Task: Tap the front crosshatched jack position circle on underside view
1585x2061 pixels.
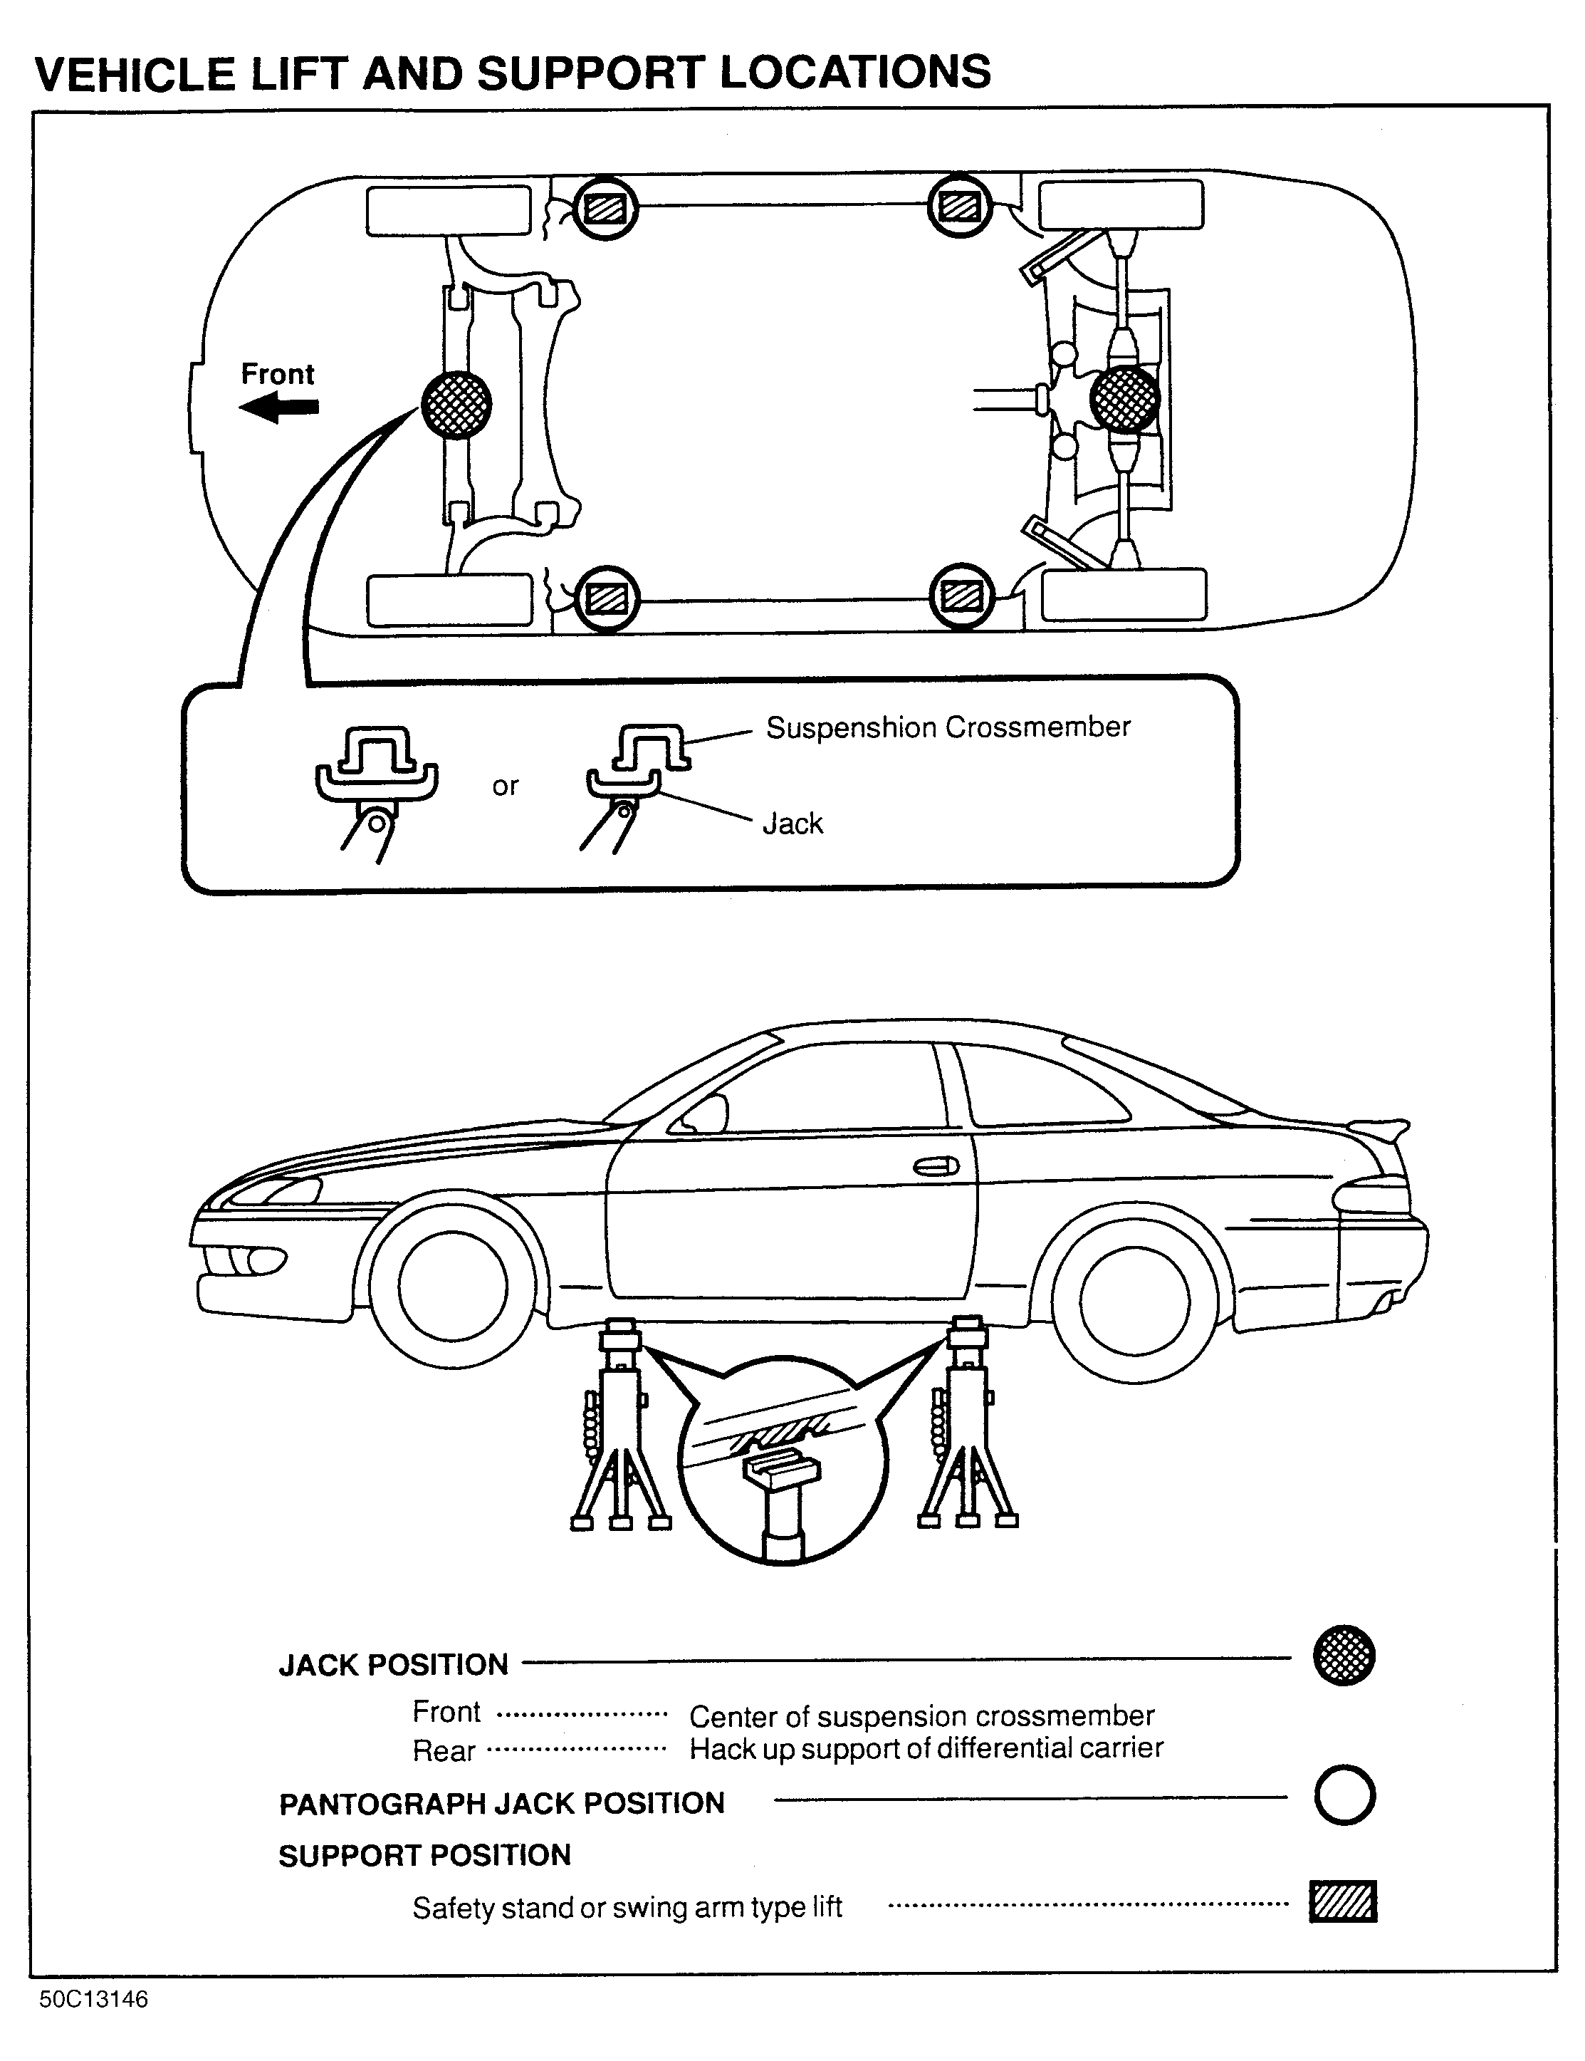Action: (x=456, y=403)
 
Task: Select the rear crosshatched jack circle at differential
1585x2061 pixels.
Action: (x=1124, y=398)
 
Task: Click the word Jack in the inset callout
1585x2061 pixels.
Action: (x=792, y=824)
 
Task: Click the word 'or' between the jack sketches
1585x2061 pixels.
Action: (x=506, y=786)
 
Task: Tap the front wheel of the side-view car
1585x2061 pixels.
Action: (x=453, y=1286)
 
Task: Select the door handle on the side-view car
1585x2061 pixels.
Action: (x=935, y=1168)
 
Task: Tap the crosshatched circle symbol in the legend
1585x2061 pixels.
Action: (x=1344, y=1655)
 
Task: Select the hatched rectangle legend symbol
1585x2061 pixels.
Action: (x=1344, y=1901)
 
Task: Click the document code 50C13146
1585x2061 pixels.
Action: (x=94, y=2000)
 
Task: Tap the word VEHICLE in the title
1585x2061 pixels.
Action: (x=135, y=73)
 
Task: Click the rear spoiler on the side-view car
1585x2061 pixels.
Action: (x=1379, y=1128)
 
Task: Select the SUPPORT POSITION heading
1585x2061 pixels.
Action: (x=424, y=1855)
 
